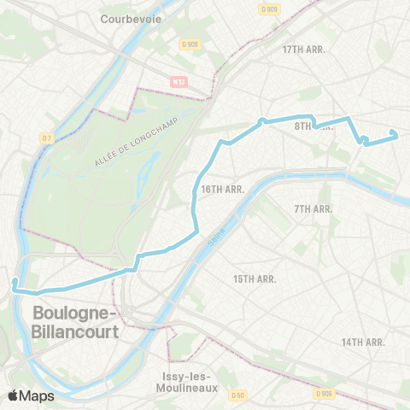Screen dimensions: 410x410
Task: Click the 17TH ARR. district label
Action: coord(305,50)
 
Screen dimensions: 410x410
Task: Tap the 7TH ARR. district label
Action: coord(313,208)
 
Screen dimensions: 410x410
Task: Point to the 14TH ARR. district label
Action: coord(364,342)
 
